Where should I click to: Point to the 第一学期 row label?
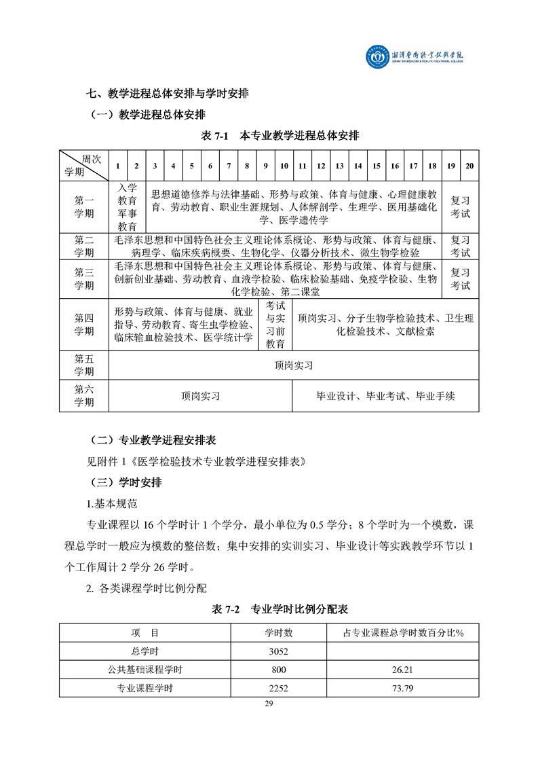[84, 207]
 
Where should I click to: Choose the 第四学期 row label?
[84, 325]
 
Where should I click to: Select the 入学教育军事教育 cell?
[128, 207]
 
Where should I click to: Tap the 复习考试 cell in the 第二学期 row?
[461, 246]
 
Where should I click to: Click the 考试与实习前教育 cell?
[275, 325]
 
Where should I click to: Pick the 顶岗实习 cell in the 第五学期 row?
[294, 365]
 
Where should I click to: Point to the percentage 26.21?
[403, 670]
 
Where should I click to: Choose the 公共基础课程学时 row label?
[145, 670]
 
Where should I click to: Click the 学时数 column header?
[279, 633]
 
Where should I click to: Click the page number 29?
[269, 704]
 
